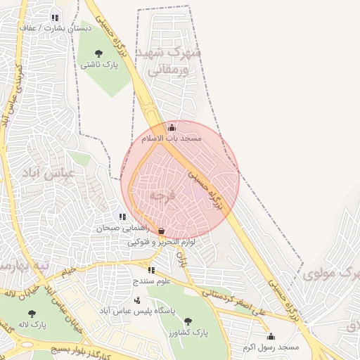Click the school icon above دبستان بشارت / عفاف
tap(55, 18)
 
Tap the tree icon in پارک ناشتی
tap(98, 53)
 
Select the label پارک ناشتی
tap(99, 64)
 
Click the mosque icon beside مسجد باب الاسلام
tap(172, 128)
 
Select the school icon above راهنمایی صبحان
tap(122, 217)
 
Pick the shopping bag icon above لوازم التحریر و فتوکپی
tap(162, 231)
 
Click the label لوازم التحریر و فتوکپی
tap(162, 243)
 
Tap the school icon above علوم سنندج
tap(151, 270)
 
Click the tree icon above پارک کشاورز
tap(188, 321)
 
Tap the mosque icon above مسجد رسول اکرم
tap(271, 337)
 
